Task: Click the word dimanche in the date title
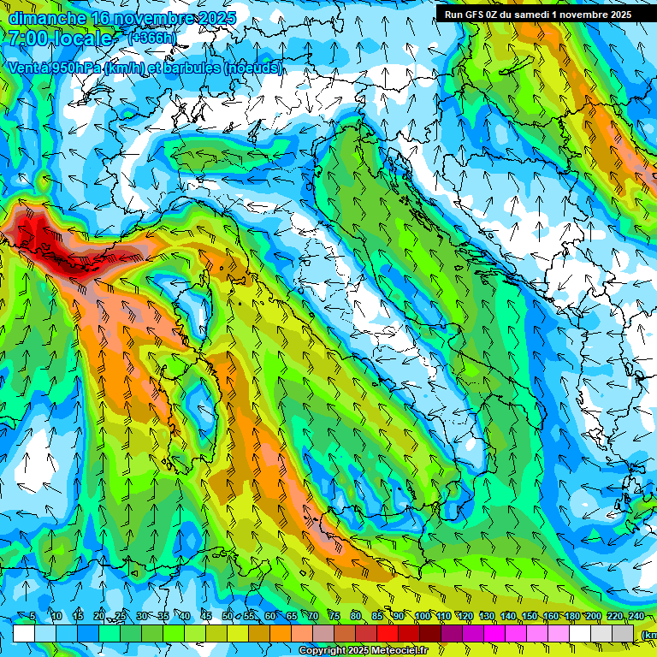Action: (x=48, y=17)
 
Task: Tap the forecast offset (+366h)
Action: (x=153, y=38)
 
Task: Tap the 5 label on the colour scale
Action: (x=33, y=617)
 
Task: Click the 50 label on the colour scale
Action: (x=227, y=617)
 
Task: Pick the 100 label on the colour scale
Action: (x=422, y=617)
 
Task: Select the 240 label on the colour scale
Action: (x=636, y=617)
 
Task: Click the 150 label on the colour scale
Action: (x=530, y=617)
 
